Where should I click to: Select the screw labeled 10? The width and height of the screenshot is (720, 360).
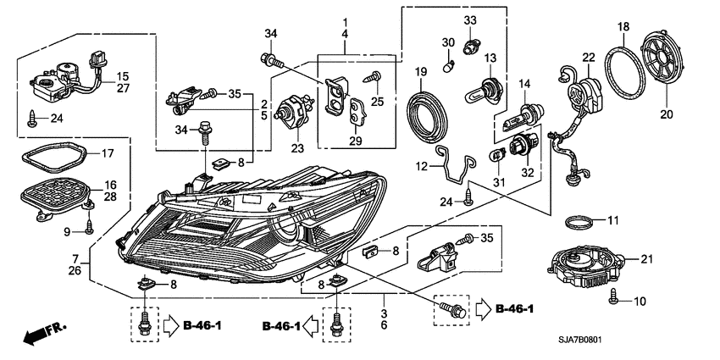(615, 299)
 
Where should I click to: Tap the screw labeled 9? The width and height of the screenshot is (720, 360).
(89, 225)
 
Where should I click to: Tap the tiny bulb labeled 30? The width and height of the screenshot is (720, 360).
(450, 61)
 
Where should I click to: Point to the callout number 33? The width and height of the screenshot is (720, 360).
(469, 19)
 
